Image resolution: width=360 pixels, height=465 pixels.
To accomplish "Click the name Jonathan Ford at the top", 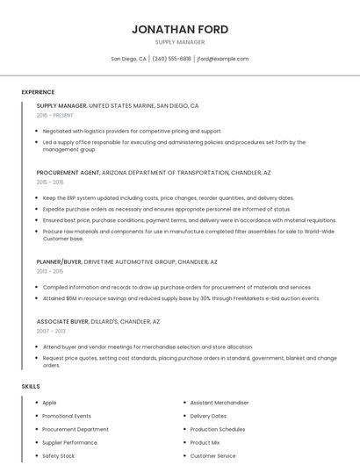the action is tap(180, 29).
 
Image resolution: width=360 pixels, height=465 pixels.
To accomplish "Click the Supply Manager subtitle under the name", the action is tap(180, 42).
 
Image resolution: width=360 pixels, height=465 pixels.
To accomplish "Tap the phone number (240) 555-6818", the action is tap(172, 59).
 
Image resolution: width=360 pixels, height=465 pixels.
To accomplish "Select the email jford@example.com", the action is tap(223, 59).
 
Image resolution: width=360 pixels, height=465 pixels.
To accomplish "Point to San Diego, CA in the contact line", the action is tap(128, 59).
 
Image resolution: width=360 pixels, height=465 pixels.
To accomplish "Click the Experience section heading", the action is tap(38, 92).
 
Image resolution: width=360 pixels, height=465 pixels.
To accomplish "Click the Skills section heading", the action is tap(31, 386).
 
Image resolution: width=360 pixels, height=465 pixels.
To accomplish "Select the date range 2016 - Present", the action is tap(54, 115).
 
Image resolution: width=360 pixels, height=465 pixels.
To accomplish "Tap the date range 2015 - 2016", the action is tap(50, 182).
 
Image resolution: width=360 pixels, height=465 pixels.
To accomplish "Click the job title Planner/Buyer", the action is tap(60, 261).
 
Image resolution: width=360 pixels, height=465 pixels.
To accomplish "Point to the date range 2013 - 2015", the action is tap(50, 271).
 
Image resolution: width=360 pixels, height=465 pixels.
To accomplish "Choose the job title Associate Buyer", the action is tap(62, 322).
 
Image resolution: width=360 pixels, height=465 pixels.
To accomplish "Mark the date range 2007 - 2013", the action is tap(50, 332).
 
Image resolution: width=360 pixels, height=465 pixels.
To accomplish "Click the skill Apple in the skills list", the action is tap(49, 403).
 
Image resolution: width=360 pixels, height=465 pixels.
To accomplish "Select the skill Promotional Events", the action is tap(67, 416).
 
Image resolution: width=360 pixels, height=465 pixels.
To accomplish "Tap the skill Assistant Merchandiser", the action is tap(220, 403).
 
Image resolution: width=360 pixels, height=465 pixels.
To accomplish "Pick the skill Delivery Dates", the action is tap(208, 416).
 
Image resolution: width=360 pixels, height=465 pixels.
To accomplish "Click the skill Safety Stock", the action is tap(59, 456).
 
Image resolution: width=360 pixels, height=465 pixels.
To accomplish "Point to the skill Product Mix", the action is tap(205, 443).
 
